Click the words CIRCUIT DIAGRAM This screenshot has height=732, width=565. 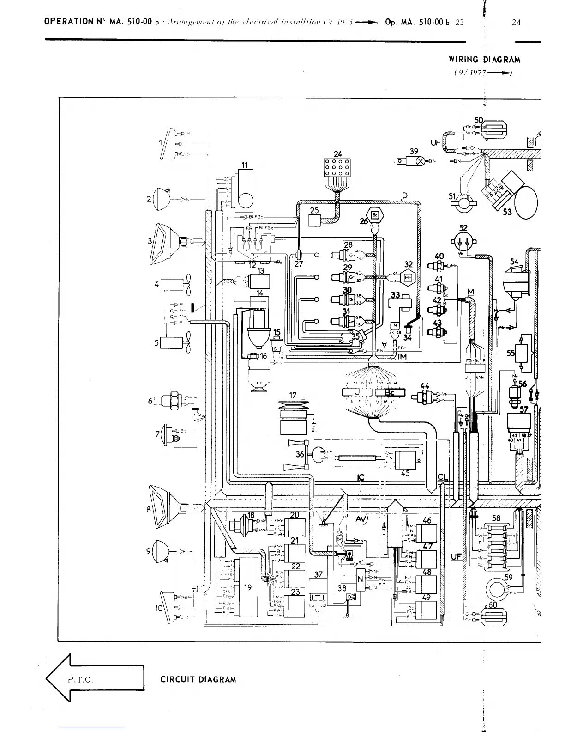(x=198, y=680)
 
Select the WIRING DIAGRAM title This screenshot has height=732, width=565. (x=484, y=60)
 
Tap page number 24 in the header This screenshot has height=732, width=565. (x=516, y=22)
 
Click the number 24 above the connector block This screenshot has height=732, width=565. (x=338, y=154)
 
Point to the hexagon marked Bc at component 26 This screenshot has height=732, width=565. (x=375, y=215)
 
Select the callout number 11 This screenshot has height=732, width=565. (x=245, y=165)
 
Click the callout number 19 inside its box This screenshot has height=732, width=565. (x=248, y=587)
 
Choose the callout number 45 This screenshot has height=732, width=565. (x=405, y=473)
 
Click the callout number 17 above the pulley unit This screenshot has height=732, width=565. (x=293, y=395)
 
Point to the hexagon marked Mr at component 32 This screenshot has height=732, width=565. (x=408, y=278)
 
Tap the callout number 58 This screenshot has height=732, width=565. (x=496, y=518)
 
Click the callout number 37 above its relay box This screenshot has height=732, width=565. (x=318, y=574)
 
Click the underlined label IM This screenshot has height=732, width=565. (x=401, y=356)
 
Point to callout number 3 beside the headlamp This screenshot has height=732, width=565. (x=150, y=241)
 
